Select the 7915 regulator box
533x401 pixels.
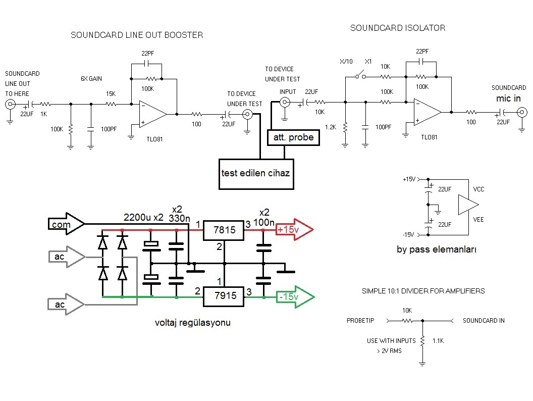pos(225,296)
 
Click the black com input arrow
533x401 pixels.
pos(66,224)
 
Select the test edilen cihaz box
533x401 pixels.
pos(255,173)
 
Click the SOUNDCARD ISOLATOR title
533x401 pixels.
pos(398,28)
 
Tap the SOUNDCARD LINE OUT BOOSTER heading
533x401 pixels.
pos(137,35)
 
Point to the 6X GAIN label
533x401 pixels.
pos(91,79)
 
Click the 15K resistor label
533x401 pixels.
pos(111,94)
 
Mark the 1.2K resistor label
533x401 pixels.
pos(331,127)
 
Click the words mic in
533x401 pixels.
pos(510,98)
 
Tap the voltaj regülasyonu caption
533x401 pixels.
pos(193,322)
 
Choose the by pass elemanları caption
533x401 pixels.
pos(437,249)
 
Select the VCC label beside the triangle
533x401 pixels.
pos(479,189)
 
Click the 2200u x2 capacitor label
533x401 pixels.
pos(144,218)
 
